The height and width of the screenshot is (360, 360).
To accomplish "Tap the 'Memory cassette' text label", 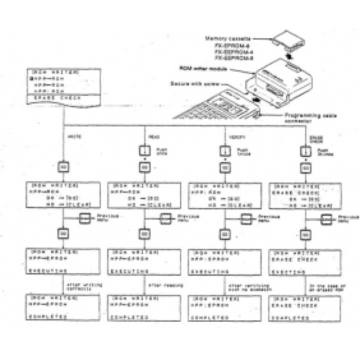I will pyautogui.click(x=230, y=40).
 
